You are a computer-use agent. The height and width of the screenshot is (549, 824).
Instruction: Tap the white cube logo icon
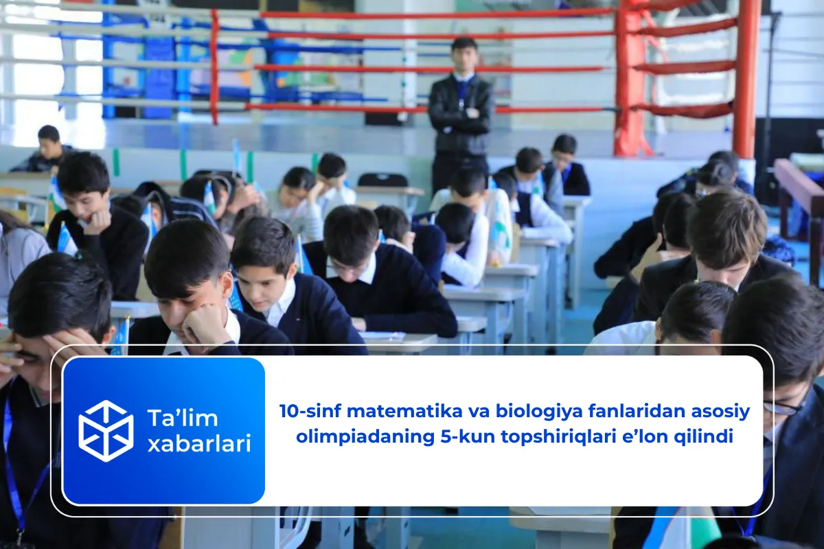[106, 431]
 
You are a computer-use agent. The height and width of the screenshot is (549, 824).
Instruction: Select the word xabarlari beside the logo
[198, 444]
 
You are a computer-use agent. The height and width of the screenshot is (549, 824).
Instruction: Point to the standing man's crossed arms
[461, 112]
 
